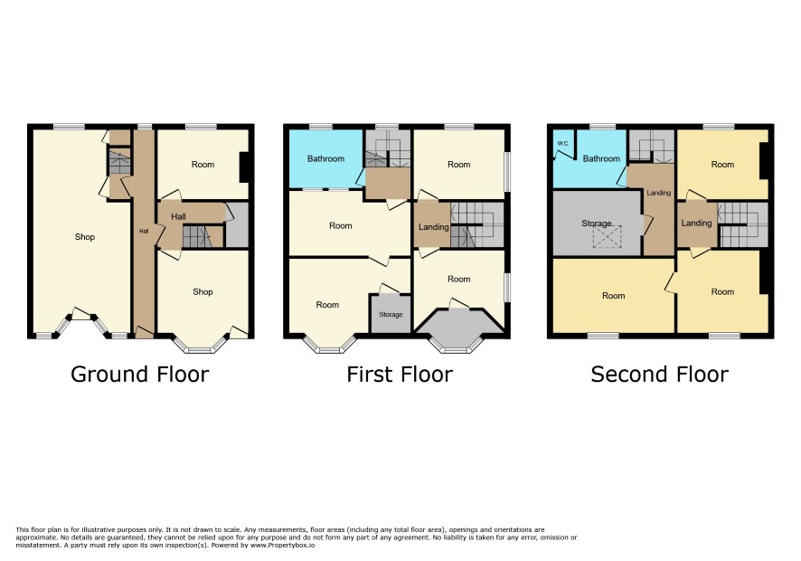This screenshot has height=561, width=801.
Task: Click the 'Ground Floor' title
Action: coord(139,375)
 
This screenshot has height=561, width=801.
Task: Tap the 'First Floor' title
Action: coord(400,375)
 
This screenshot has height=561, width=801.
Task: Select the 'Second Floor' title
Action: coord(659,375)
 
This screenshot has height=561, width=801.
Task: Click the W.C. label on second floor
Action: coord(562,144)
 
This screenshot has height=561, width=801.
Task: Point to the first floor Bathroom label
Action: coord(325,158)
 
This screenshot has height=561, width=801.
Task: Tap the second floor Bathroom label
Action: coord(601,158)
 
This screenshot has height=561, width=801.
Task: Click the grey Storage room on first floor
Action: coord(391,315)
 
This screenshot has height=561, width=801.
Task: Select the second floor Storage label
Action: coord(596,223)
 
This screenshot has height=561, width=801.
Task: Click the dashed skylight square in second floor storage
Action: coord(607,237)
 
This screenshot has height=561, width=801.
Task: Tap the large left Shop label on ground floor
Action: coord(85,237)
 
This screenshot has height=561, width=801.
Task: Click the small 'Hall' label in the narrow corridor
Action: coord(144,231)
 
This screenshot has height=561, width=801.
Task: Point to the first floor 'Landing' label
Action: coord(434,227)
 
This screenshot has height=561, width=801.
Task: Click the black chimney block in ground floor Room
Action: coord(244,167)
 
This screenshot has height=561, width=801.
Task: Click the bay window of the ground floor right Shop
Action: coord(201,345)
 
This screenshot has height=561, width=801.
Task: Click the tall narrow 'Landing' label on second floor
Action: coord(658,193)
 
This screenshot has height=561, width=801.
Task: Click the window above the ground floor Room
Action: coord(202,127)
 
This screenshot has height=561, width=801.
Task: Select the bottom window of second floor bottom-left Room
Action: coord(603,336)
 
